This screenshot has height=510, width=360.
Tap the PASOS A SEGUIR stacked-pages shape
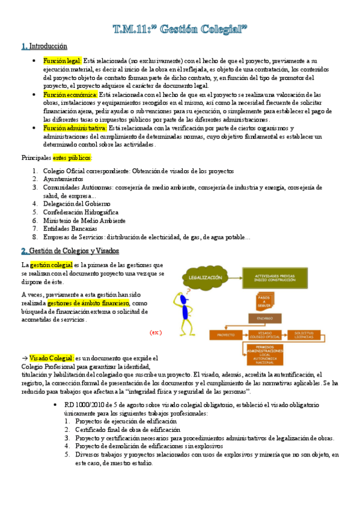[263, 300]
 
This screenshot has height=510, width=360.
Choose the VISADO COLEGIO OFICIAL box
[265, 334]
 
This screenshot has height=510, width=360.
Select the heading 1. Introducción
[44, 46]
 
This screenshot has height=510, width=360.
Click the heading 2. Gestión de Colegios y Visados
[70, 251]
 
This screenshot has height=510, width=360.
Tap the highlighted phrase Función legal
[62, 61]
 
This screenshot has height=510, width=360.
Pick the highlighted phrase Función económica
[70, 95]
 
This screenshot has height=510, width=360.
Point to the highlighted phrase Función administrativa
[75, 128]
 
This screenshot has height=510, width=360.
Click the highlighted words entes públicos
[72, 158]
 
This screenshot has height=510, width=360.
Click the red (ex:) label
[155, 332]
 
